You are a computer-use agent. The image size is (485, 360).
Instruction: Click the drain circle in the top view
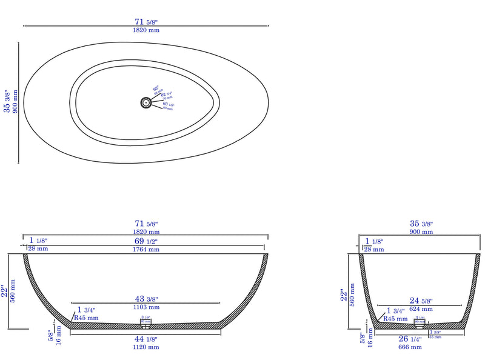(146, 103)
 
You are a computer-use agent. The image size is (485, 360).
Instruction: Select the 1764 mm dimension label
(145, 249)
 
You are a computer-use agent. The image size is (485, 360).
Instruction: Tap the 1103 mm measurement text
(145, 308)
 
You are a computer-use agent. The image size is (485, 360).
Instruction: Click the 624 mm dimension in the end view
(421, 308)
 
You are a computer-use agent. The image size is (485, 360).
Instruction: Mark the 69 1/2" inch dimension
(145, 241)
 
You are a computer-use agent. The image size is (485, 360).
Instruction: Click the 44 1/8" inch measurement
(145, 339)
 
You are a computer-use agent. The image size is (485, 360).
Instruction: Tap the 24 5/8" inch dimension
(421, 300)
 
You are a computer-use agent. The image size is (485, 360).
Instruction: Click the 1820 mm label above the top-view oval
(145, 30)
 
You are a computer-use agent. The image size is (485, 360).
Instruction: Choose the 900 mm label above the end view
(421, 232)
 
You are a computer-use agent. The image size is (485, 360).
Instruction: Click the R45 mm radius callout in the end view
(394, 318)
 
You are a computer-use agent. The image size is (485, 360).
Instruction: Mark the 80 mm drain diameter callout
(168, 108)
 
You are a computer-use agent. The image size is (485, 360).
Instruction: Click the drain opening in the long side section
(145, 325)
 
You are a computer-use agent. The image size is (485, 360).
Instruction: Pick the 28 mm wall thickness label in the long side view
(38, 249)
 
